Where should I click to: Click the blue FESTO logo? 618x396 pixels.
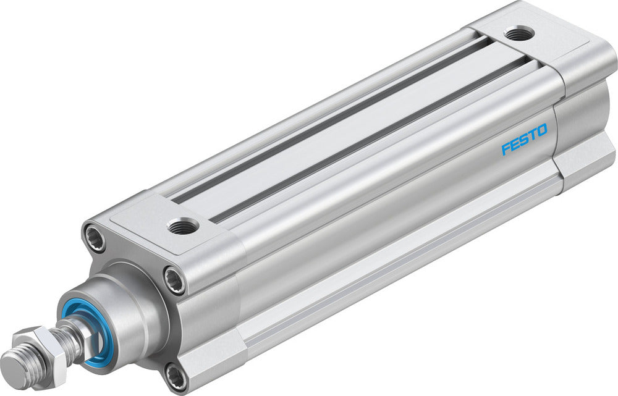[x=524, y=140]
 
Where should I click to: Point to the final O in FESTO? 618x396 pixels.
[x=541, y=131]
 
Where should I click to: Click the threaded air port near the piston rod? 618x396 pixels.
[x=183, y=225]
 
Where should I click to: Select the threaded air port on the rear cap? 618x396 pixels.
[x=518, y=33]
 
